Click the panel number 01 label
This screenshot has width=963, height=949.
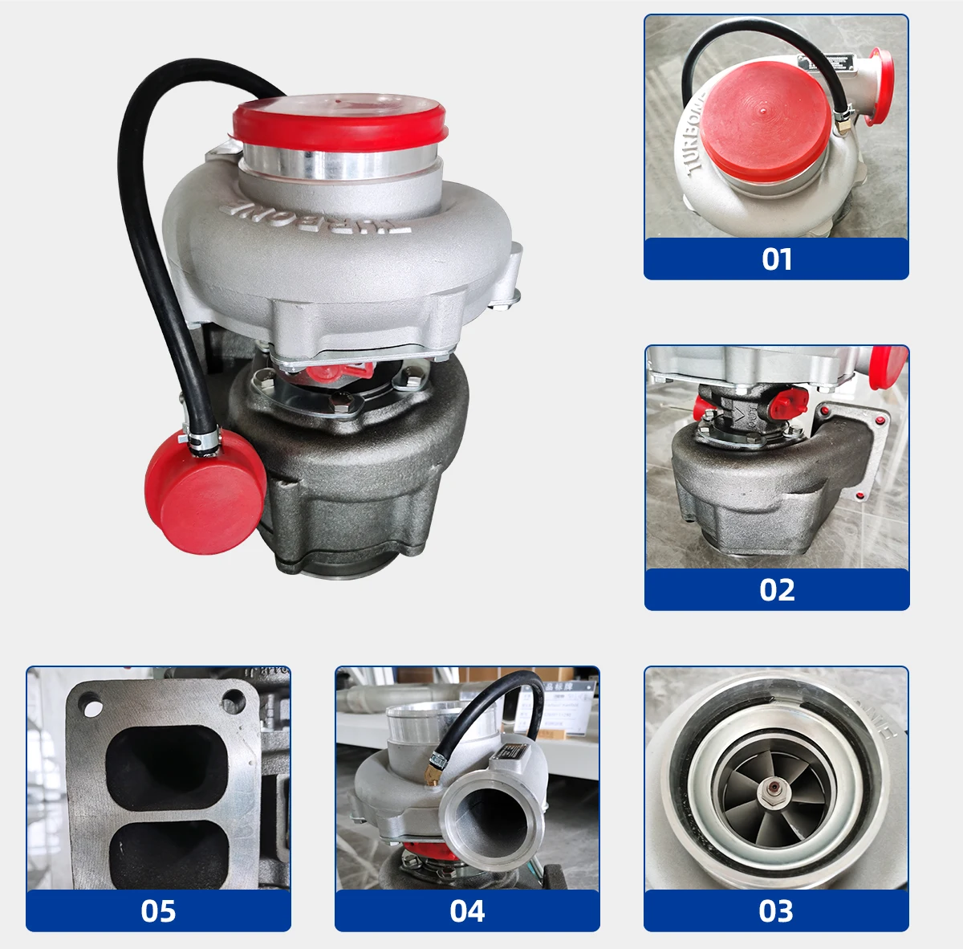776,259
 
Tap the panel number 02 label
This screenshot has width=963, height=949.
777,590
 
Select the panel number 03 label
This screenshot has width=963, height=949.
776,911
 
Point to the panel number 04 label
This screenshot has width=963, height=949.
467,911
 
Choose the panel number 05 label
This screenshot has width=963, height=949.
158,911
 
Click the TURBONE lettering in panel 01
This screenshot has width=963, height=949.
693,136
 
